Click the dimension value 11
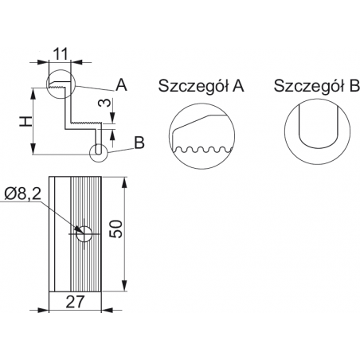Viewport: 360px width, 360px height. (61, 54)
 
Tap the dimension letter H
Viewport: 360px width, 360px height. (26, 122)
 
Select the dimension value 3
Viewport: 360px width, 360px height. (104, 103)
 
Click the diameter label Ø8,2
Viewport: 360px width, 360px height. (23, 194)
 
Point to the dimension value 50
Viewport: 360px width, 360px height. (116, 229)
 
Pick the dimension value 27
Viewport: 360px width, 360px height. (75, 302)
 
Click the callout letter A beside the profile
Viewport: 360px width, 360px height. (121, 84)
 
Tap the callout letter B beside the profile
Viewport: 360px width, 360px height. (139, 143)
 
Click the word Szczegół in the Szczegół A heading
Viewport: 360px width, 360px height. (194, 86)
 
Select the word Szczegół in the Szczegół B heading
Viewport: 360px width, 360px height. (309, 86)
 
